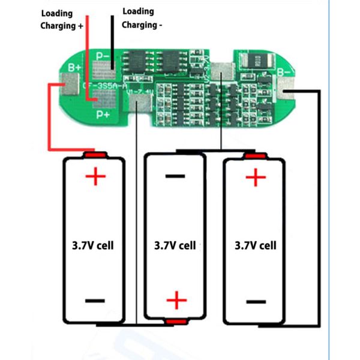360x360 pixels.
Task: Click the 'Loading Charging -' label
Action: tap(142, 18)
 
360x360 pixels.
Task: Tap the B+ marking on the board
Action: tap(74, 68)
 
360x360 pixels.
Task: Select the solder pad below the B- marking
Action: tap(287, 92)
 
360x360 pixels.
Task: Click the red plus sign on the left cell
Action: tap(95, 176)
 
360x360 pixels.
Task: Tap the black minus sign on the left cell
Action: tap(95, 301)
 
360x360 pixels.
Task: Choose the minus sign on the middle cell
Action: tap(175, 176)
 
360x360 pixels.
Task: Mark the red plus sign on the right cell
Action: tap(256, 177)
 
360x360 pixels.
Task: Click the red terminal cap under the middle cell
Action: tap(176, 323)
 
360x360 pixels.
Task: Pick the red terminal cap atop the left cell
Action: tap(94, 155)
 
